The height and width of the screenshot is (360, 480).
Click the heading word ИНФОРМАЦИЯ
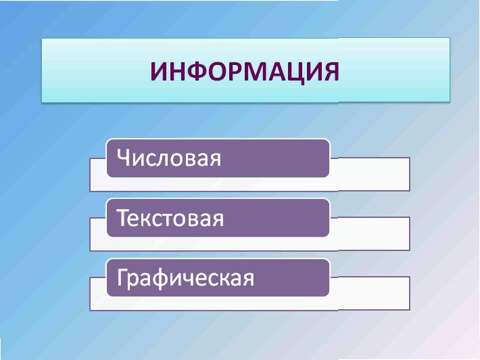coord(245,72)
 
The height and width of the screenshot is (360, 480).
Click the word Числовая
coord(168,158)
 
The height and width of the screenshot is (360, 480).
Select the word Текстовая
coord(170,218)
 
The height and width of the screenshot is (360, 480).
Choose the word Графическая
coord(185,277)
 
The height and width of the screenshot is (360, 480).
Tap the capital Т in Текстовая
coord(123,217)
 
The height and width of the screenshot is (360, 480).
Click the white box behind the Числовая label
coord(370,175)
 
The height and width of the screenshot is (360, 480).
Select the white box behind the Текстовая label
coord(370,234)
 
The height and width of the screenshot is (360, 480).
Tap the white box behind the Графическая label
coord(370,294)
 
